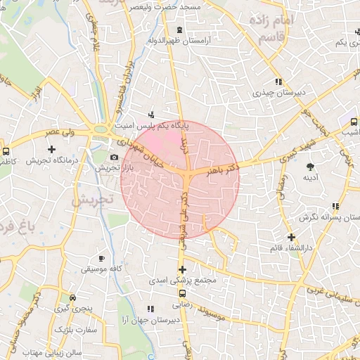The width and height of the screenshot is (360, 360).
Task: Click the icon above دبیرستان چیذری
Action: [x=279, y=81]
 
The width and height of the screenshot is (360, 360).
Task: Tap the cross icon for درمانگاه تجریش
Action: [x=51, y=149]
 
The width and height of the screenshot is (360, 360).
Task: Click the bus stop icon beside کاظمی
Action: [x=6, y=151]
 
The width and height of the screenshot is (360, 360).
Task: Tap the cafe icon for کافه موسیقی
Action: [x=102, y=258]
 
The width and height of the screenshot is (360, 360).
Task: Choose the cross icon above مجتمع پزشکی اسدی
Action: [x=182, y=269]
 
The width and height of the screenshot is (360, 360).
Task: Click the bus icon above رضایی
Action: [x=182, y=293]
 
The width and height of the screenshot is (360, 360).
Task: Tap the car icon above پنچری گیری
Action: [x=72, y=297]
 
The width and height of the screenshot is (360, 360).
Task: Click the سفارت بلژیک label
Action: [x=78, y=329]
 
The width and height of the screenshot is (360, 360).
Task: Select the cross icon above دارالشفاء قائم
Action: [x=291, y=237]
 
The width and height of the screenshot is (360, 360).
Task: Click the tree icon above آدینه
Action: [x=310, y=167]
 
